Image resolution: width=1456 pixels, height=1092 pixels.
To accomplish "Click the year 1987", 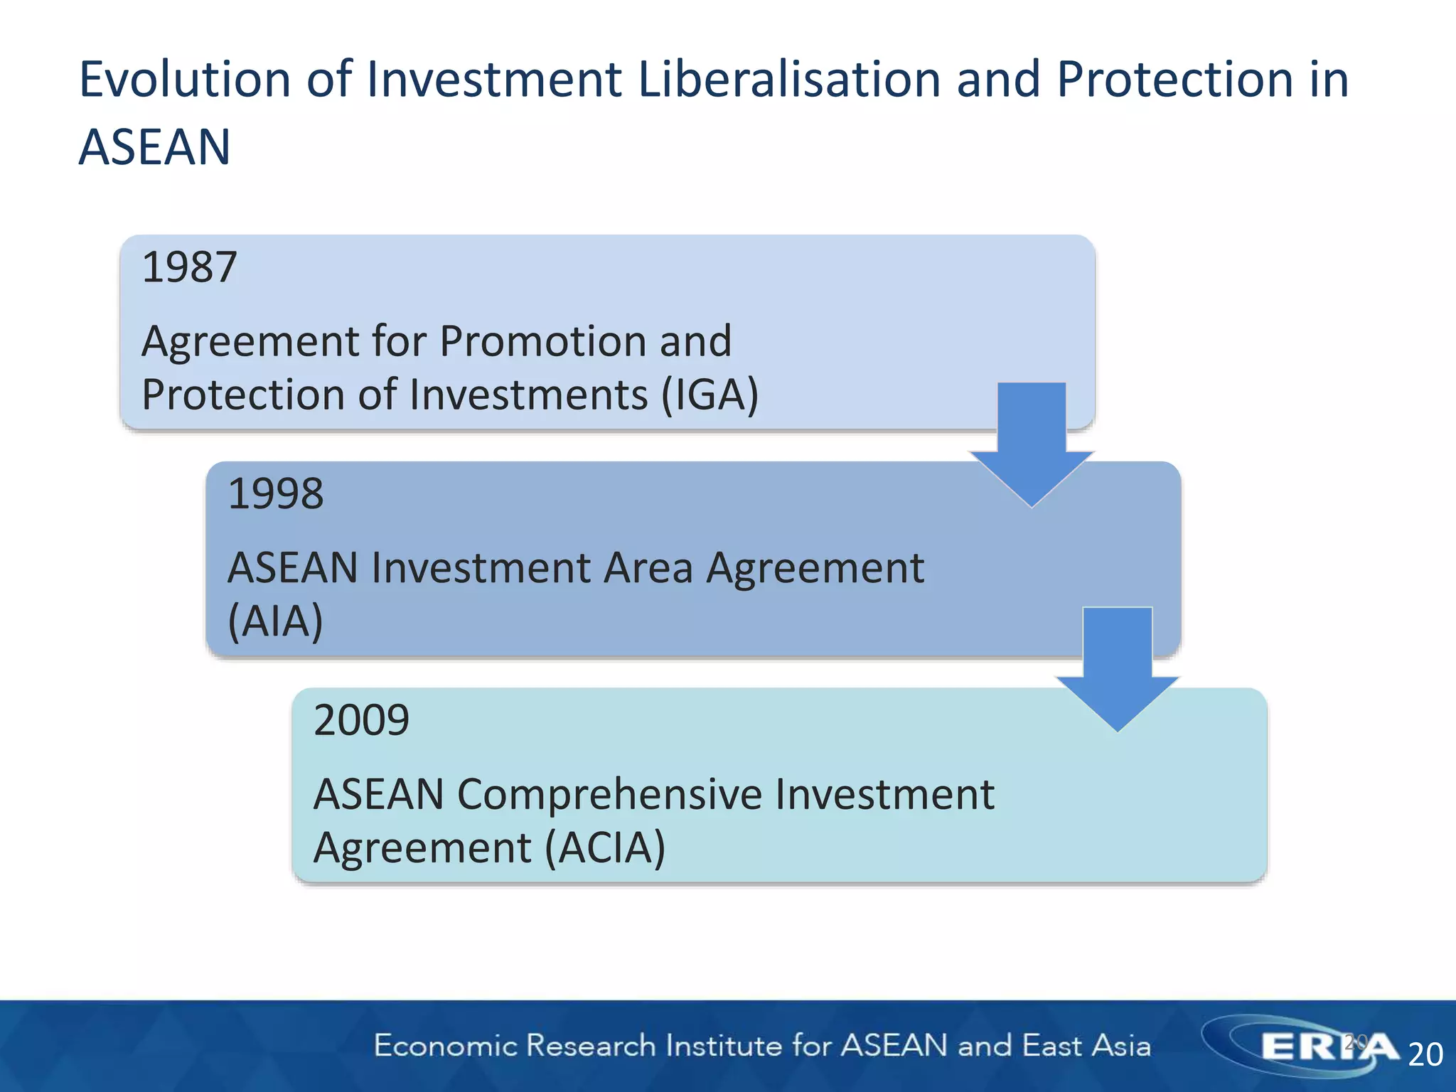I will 189,267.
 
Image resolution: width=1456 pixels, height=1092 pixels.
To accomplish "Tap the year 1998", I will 275,493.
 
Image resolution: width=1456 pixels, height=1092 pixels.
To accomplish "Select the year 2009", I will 361,719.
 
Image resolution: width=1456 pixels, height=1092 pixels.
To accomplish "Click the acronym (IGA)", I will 710,395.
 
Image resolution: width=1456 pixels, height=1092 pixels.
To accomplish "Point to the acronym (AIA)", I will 275,621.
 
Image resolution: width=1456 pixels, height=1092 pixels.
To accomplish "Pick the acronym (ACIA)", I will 605,847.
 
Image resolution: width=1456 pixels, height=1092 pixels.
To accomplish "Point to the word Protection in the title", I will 1174,79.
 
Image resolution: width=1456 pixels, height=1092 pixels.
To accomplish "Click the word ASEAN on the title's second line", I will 154,147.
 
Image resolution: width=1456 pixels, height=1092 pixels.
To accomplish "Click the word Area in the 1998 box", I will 647,568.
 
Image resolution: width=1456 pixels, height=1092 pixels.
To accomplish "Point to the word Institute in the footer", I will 722,1046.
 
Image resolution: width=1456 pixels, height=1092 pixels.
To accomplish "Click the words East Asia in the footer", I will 1086,1046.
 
